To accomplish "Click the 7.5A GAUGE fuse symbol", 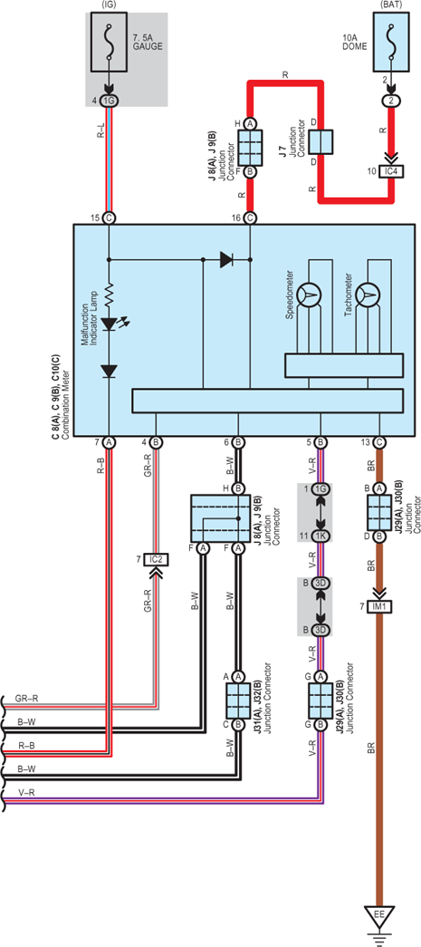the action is (110, 43).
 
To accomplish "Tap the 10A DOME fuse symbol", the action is (391, 43).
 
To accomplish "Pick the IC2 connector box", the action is (157, 561).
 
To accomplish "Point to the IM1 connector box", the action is (378, 605).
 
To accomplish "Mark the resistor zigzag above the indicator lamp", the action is (110, 295).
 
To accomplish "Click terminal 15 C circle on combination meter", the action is (110, 217).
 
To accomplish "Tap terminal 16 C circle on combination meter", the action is (250, 217).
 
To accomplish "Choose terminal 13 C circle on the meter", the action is (378, 443).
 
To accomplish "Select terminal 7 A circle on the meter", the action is (110, 443).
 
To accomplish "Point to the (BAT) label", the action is (391, 5).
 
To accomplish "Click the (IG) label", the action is (110, 5).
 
